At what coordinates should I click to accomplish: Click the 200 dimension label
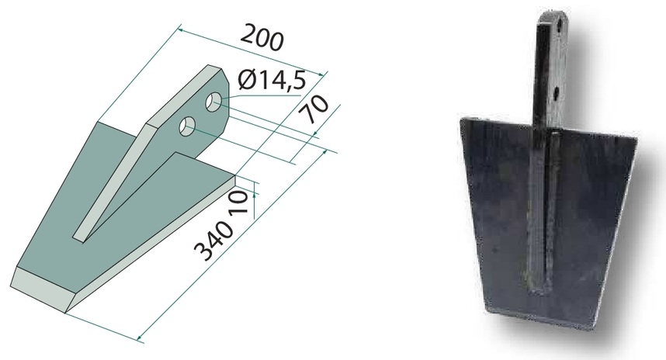(262, 38)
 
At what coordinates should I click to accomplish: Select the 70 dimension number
(314, 109)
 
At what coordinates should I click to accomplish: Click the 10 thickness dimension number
(238, 204)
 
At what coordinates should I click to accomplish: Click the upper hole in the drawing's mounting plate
(213, 102)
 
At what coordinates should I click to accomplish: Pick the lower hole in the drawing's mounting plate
(187, 126)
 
